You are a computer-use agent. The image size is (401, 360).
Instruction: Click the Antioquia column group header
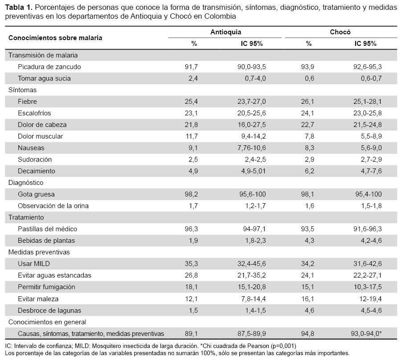tap(225, 32)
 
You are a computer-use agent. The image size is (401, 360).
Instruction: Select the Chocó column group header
tap(340, 32)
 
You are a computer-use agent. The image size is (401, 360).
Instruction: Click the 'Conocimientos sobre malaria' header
tap(55, 38)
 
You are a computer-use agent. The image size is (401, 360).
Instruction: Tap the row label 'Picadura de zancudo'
tap(49, 67)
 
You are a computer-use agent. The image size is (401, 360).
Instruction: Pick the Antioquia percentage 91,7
tap(191, 67)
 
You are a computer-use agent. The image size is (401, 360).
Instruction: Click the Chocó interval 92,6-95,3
tap(368, 67)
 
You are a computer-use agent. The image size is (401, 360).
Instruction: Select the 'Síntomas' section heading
tap(23, 90)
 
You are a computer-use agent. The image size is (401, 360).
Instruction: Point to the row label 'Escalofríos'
tap(34, 113)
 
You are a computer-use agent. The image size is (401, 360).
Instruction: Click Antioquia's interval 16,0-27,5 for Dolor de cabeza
tap(252, 125)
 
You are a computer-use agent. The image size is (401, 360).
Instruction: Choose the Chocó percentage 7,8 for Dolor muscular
tap(310, 136)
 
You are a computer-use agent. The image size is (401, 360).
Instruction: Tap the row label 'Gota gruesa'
tap(37, 194)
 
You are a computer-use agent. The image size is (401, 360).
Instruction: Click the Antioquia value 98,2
tap(191, 194)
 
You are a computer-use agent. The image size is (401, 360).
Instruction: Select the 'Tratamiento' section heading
tap(26, 217)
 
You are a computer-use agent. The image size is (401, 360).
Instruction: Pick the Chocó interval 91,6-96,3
tap(368, 229)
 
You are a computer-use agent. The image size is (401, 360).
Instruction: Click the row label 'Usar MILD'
tap(34, 264)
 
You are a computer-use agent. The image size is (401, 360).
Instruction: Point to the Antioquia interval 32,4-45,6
tap(252, 264)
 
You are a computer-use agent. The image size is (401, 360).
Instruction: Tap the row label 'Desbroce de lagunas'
tap(49, 311)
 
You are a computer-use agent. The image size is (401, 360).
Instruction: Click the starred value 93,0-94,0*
tap(366, 334)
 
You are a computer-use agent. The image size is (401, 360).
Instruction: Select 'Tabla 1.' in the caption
tap(19, 8)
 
